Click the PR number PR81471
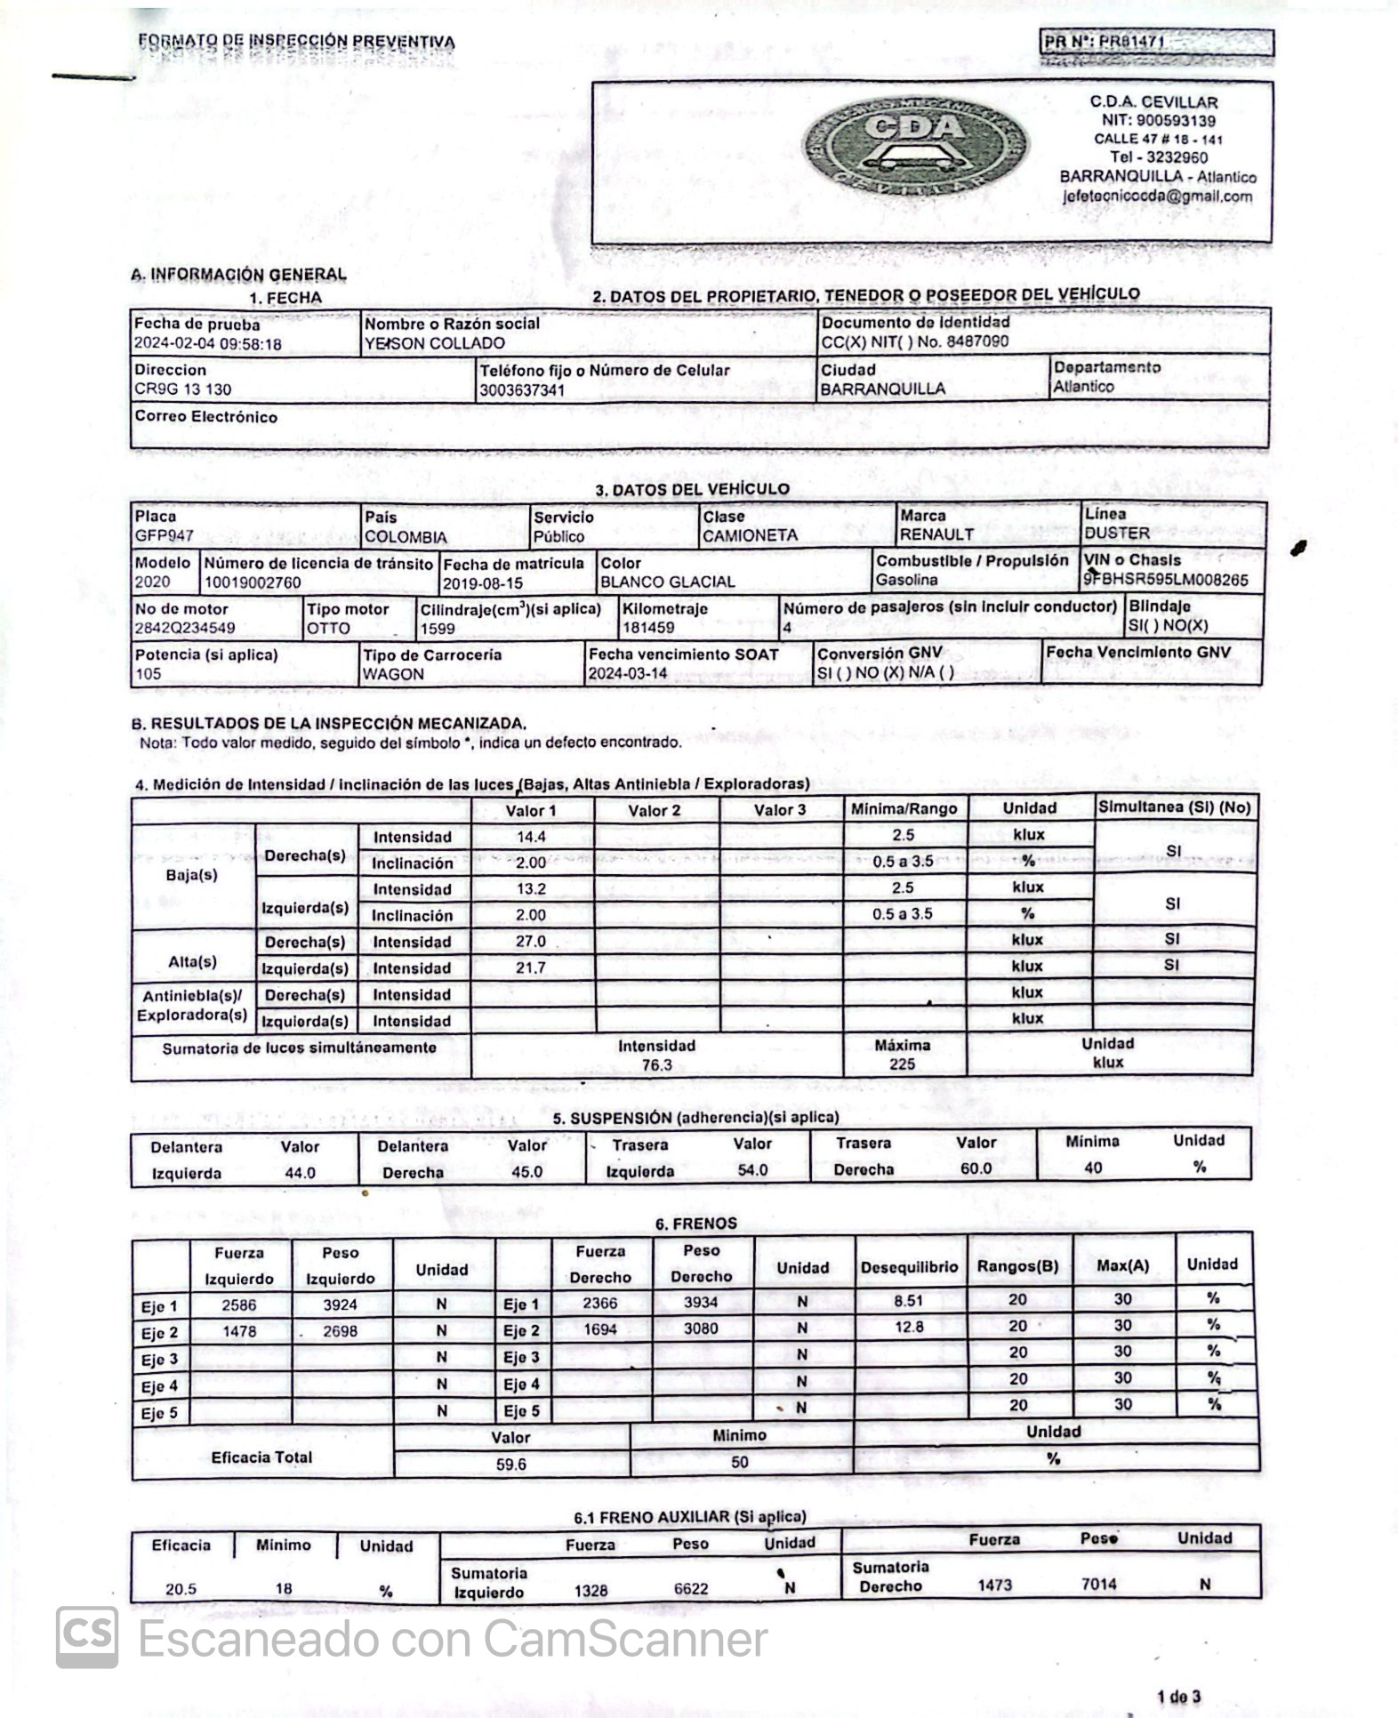(x=1131, y=41)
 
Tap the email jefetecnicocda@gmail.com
(x=1157, y=197)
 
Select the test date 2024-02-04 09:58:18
(x=207, y=344)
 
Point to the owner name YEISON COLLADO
(x=434, y=343)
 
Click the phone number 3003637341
(x=522, y=389)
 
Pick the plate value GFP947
(x=164, y=535)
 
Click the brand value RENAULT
(x=936, y=534)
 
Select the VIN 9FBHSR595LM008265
(x=1165, y=580)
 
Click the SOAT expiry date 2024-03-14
(x=627, y=673)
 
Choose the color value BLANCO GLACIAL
(x=667, y=582)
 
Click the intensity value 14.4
(x=531, y=836)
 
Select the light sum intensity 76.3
(x=656, y=1064)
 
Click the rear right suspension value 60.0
(x=976, y=1168)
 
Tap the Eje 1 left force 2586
(x=238, y=1305)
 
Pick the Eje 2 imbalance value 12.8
(x=909, y=1327)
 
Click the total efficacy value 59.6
(x=510, y=1464)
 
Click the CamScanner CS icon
(x=87, y=1637)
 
